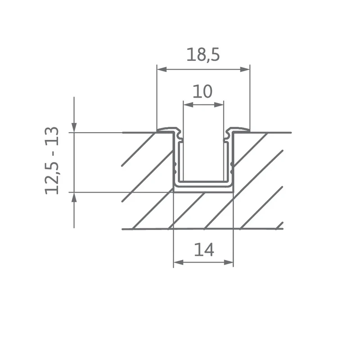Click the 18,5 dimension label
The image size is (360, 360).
[203, 55]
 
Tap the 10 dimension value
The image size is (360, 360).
[202, 91]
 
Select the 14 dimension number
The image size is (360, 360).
[204, 250]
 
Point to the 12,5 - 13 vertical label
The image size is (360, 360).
[52, 161]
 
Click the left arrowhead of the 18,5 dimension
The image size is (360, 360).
[162, 69]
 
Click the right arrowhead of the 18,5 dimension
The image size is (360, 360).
[245, 69]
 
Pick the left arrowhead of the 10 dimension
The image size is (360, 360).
[188, 105]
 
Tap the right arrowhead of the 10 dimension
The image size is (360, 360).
[219, 105]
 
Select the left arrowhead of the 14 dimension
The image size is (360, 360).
[178, 262]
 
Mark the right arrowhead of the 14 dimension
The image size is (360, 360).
[229, 262]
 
